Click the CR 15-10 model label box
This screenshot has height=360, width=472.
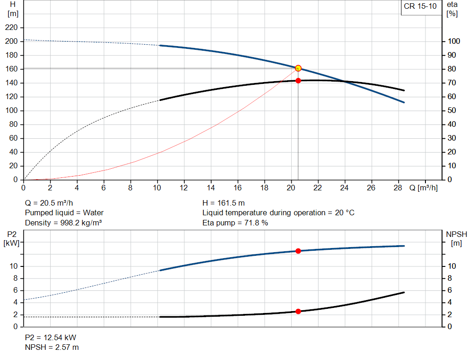coord(420,6)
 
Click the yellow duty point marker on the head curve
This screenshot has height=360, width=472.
coord(298,68)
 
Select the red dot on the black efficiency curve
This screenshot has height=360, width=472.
coord(298,81)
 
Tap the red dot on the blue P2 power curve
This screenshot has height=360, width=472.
coord(298,251)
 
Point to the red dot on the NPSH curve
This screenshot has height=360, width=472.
coord(298,312)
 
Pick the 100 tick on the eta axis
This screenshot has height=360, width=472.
coord(454,41)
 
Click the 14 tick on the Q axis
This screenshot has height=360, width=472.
coord(211,188)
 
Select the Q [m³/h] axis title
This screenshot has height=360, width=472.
coord(423,188)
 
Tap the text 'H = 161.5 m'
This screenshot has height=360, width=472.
coord(224,203)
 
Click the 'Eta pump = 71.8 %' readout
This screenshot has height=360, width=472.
coord(235,223)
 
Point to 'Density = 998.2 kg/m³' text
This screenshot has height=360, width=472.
coord(63,223)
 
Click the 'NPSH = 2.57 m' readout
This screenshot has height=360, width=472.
coord(52,347)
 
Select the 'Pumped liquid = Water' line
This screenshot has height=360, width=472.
coord(64,213)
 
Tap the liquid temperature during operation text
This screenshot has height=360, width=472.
coord(278,213)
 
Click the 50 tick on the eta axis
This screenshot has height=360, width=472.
coord(453,111)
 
